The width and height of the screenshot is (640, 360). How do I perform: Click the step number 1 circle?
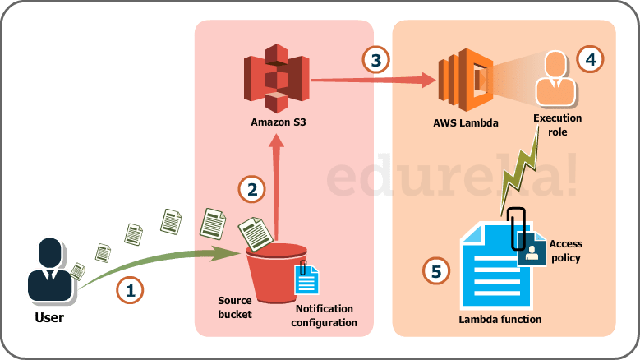click(130, 290)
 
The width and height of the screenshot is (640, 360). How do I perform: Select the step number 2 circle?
click(252, 189)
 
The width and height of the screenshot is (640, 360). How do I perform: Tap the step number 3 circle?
click(376, 60)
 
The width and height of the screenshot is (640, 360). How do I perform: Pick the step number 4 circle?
click(589, 58)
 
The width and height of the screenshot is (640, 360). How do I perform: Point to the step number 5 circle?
click(436, 270)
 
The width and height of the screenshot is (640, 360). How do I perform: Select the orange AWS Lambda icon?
click(465, 80)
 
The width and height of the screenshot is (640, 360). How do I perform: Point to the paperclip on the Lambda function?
click(517, 227)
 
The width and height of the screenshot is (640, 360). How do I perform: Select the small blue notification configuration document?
click(306, 279)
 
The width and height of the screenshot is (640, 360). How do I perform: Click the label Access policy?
click(565, 251)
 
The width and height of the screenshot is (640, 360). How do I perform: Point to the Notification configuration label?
click(326, 316)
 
